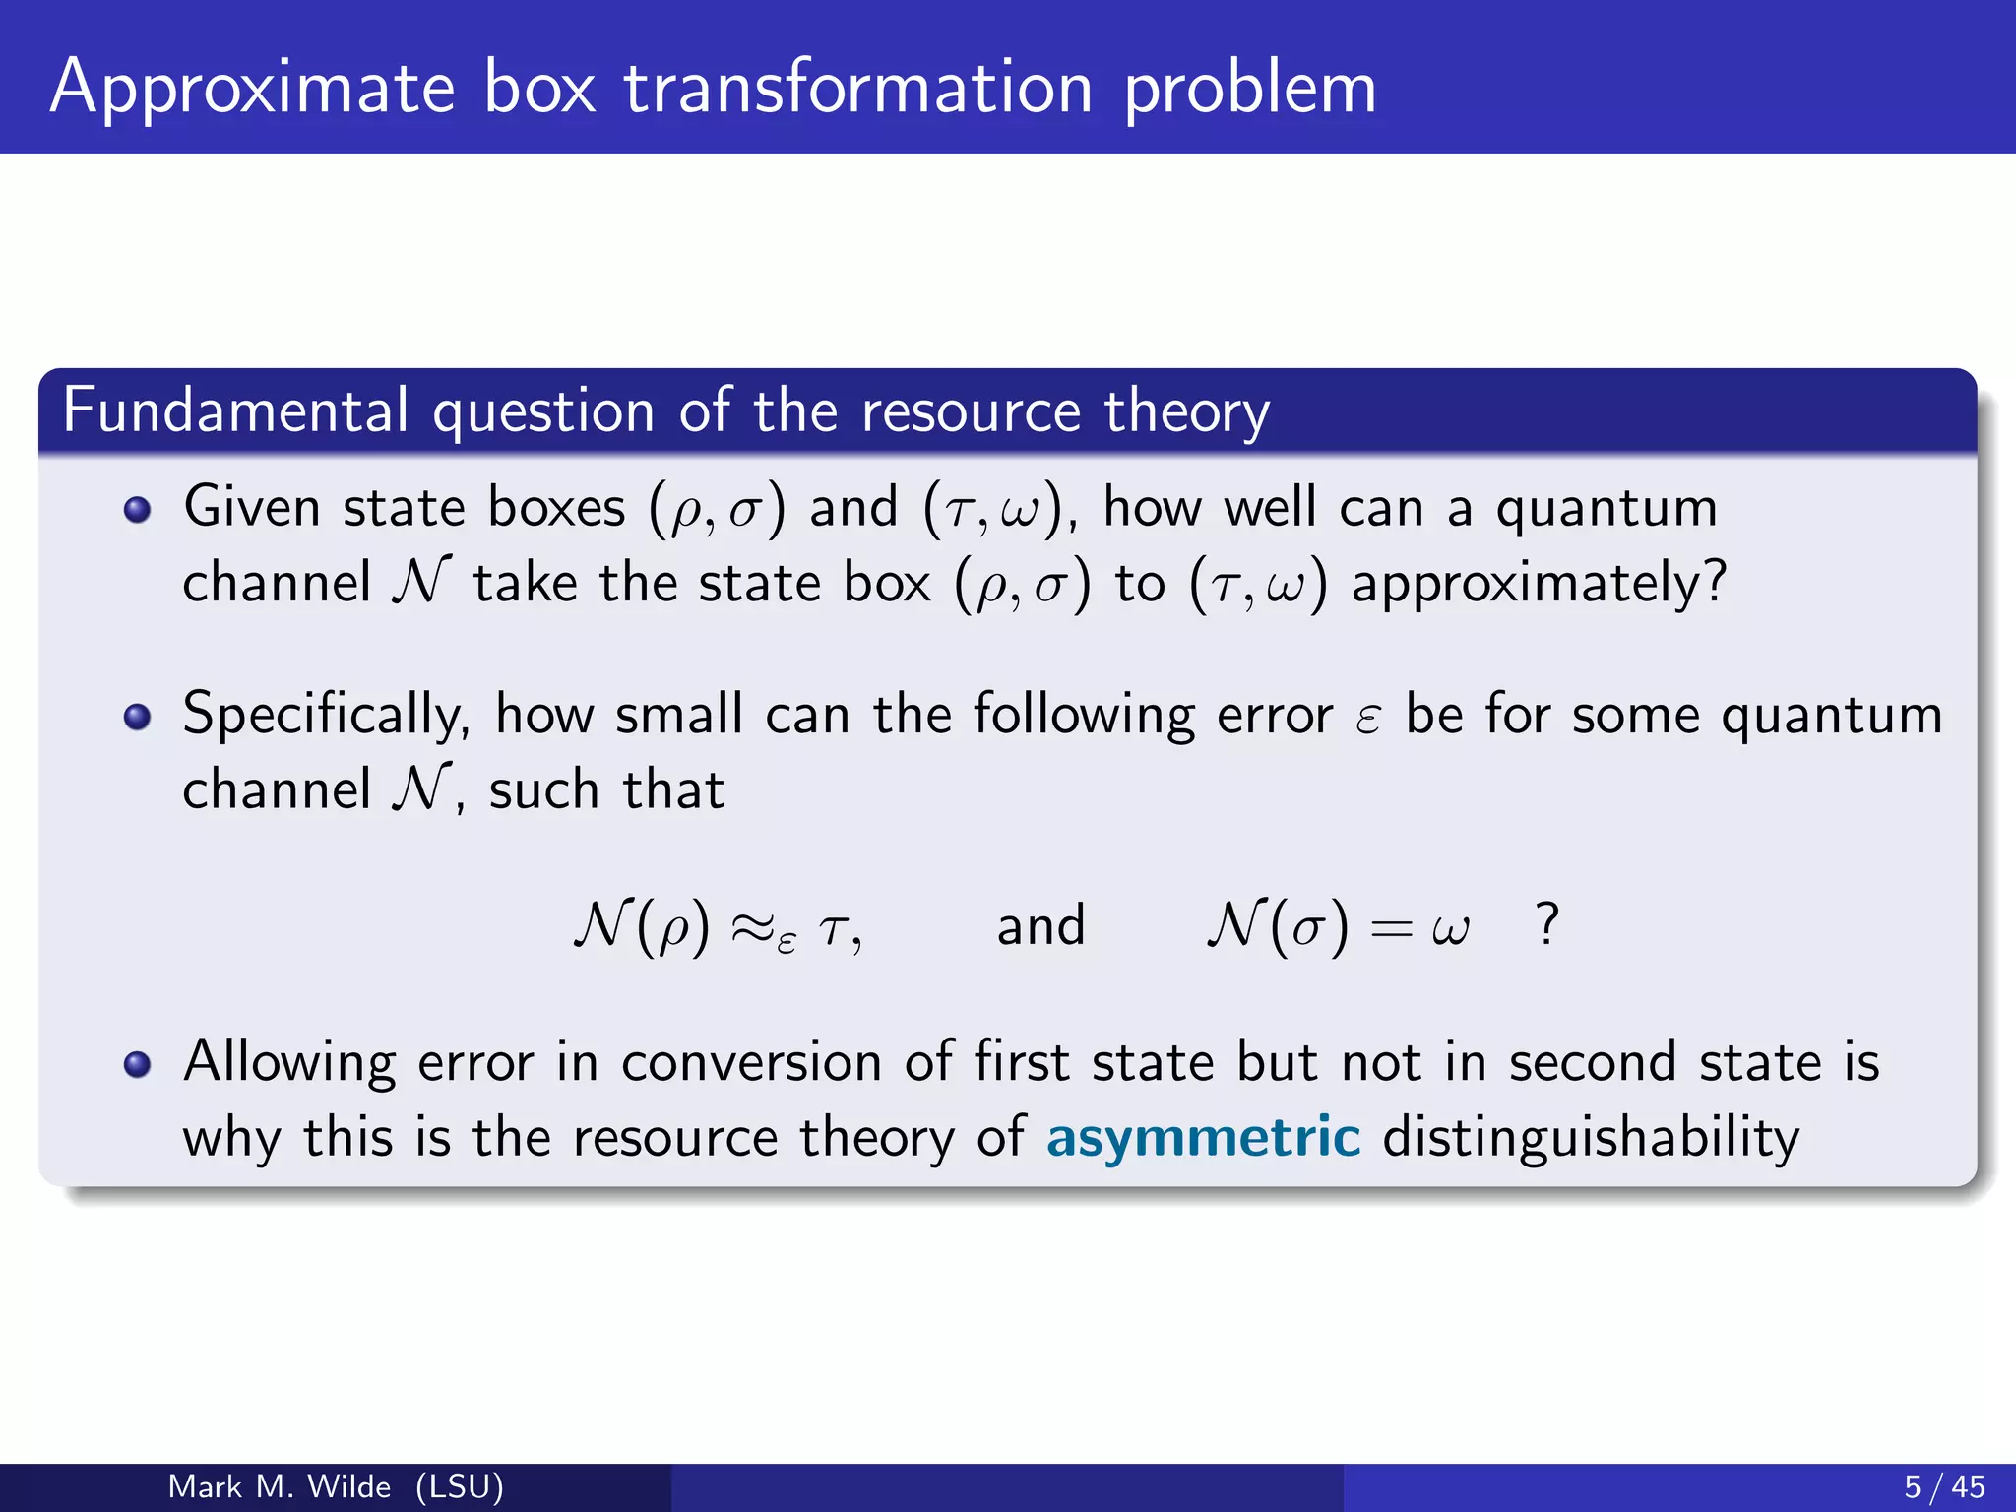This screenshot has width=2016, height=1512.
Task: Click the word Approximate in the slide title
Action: pos(252,89)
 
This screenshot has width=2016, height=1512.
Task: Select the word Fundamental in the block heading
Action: pos(235,410)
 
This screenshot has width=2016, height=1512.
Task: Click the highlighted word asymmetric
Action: pos(1203,1137)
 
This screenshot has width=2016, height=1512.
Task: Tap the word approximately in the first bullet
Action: pos(1539,583)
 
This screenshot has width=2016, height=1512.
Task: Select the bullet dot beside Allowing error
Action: pos(138,1064)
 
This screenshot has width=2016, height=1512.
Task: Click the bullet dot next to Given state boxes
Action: pos(138,509)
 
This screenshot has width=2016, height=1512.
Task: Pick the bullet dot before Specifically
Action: pos(138,717)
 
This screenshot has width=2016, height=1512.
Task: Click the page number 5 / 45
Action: pos(1944,1486)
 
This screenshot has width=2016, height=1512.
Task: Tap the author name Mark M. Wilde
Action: pos(280,1486)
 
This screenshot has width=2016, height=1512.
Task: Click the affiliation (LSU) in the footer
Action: pos(460,1486)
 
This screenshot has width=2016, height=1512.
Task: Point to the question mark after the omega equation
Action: pos(1547,925)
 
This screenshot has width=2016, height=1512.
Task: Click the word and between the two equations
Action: pos(1040,926)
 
